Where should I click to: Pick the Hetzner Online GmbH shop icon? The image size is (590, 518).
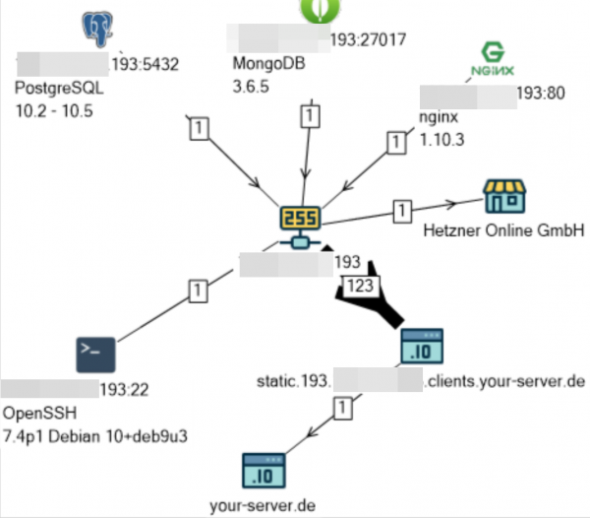(504, 197)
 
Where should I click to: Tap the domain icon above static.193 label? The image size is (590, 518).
(423, 347)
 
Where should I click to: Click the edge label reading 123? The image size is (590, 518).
(357, 286)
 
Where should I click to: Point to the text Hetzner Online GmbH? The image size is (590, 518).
(504, 231)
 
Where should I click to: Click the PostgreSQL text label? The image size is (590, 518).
(59, 88)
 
